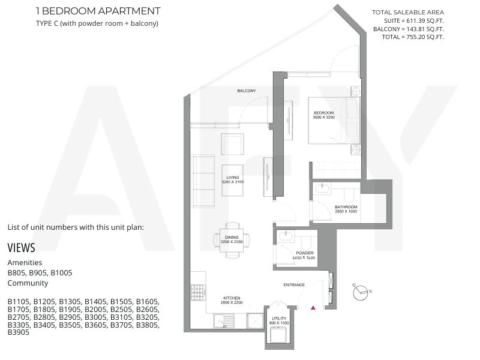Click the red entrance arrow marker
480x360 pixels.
pos(313,308)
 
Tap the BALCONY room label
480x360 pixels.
pos(247,91)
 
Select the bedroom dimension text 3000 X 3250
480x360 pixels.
pos(323,117)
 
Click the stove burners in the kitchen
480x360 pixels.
pos(197,292)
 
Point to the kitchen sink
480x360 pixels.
pos(224,321)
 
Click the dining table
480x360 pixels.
pos(232,240)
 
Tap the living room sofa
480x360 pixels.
pos(203,182)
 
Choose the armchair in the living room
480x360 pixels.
pos(233,144)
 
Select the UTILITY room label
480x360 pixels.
pos(279,319)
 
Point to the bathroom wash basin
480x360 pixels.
pos(322,188)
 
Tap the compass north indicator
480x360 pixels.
pos(370,291)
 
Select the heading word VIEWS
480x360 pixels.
pos(21,248)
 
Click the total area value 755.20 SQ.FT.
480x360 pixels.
pos(425,37)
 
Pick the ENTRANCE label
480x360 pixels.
pos(294,284)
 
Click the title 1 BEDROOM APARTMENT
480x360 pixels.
pos(98,11)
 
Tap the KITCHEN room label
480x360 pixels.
pos(232,298)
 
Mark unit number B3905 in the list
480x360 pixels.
pos(19,332)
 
